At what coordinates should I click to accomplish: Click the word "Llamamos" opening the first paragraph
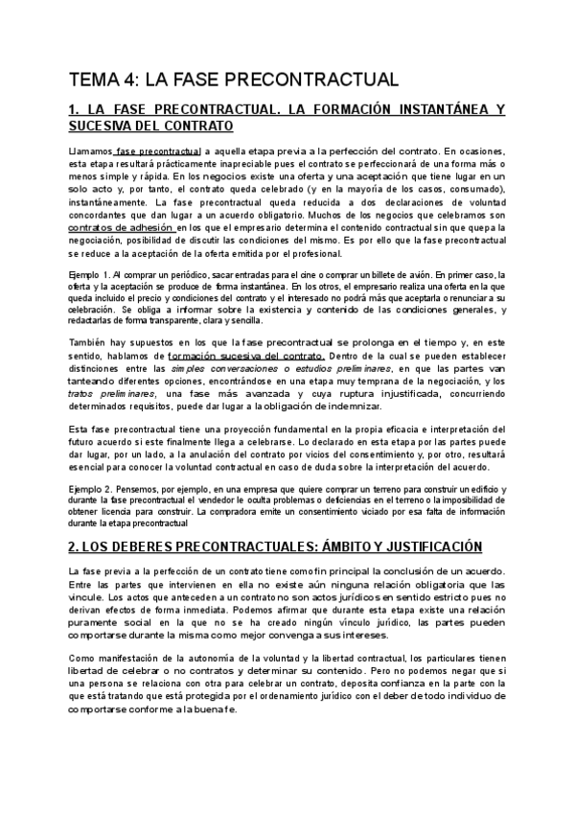(90, 151)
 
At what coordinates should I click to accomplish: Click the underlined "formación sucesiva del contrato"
(247, 357)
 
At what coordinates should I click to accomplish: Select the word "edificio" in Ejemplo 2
(484, 489)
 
